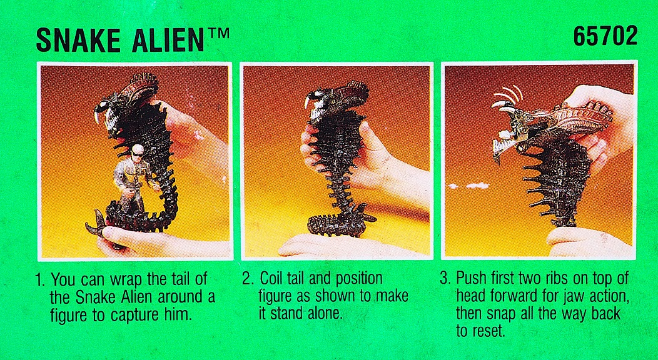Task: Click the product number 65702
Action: [605, 36]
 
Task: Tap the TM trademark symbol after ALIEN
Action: [217, 34]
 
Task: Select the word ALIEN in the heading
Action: [168, 40]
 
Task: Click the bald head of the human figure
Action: [137, 150]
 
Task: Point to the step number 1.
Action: [40, 279]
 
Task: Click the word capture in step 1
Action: [134, 316]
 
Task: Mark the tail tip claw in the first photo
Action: [96, 222]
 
